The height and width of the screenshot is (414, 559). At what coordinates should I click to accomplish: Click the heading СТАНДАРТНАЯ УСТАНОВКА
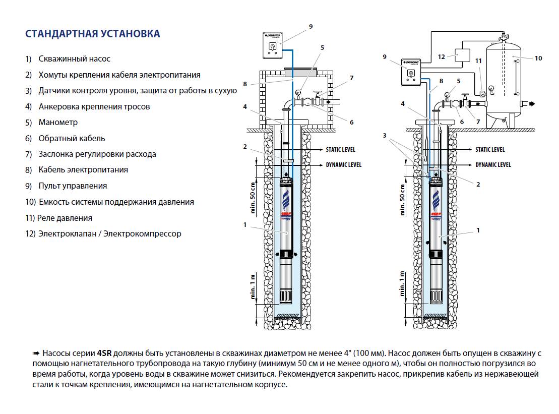pos(93,34)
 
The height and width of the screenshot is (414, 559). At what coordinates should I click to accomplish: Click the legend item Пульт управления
pos(73,186)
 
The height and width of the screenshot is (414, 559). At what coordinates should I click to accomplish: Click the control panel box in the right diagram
pos(410,72)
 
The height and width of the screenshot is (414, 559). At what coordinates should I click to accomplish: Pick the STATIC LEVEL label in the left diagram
pos(340,150)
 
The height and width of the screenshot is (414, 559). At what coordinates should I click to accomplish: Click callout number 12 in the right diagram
pos(442,56)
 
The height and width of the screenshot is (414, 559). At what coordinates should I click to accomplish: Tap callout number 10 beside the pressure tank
pos(538,58)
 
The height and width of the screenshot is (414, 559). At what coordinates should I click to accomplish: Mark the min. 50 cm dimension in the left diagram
pos(254,198)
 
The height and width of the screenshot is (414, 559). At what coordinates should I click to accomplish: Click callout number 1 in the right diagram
pos(478,230)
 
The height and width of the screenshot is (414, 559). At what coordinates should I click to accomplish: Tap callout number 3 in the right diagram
pos(385,136)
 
